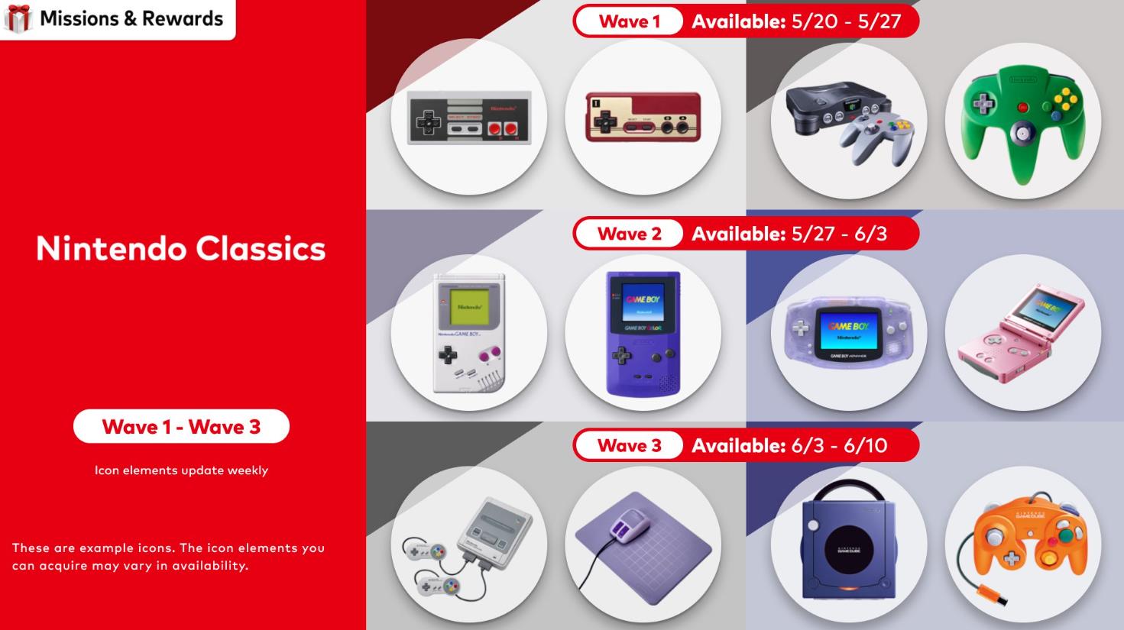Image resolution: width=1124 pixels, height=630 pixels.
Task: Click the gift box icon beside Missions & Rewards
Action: [x=18, y=18]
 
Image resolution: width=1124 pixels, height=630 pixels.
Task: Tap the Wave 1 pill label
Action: [x=629, y=21]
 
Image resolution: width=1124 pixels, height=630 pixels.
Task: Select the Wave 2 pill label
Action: [x=629, y=234]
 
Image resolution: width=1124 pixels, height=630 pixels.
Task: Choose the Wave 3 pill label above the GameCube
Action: [x=629, y=445]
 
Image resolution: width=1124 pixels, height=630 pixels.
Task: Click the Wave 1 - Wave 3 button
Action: [x=181, y=426]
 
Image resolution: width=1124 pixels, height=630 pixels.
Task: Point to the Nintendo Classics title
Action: [x=180, y=248]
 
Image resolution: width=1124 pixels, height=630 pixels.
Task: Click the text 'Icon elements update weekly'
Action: [x=181, y=470]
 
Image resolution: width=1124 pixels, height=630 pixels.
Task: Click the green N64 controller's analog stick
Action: [x=1022, y=134]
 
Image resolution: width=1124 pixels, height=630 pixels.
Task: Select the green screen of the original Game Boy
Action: [x=469, y=307]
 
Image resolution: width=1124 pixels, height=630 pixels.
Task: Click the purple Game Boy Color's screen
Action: [x=643, y=302]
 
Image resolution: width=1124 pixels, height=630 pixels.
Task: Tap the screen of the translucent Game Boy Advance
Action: [x=848, y=331]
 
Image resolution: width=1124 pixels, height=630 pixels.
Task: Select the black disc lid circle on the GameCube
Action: [x=849, y=551]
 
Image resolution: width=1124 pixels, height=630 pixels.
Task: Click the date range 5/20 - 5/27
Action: [x=846, y=21]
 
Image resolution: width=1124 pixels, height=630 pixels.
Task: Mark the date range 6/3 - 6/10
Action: [x=839, y=445]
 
